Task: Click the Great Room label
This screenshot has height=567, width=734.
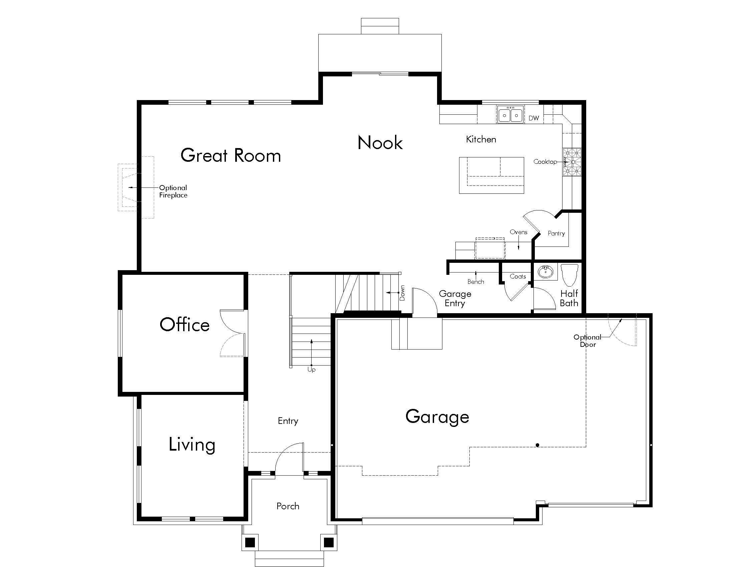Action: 231,155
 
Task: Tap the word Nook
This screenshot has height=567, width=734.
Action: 380,143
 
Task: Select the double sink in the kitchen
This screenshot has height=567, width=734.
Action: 510,115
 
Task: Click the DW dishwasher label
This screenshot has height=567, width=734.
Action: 534,118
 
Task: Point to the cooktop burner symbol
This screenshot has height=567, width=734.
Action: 572,162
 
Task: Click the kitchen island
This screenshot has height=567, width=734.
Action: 491,175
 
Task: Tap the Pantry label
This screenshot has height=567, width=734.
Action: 556,233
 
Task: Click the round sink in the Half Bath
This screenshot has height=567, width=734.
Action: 545,272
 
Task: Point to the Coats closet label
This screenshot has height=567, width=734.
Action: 517,276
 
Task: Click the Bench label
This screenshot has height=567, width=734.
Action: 475,282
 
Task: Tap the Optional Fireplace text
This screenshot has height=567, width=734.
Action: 173,191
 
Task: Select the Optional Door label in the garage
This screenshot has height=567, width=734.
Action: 587,341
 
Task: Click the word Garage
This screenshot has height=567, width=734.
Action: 437,417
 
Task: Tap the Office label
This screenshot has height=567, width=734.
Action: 185,325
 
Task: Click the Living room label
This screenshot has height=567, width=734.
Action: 192,444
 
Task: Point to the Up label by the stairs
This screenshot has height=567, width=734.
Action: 311,370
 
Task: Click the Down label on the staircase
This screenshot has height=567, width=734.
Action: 402,293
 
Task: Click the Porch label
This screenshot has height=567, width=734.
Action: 288,506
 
